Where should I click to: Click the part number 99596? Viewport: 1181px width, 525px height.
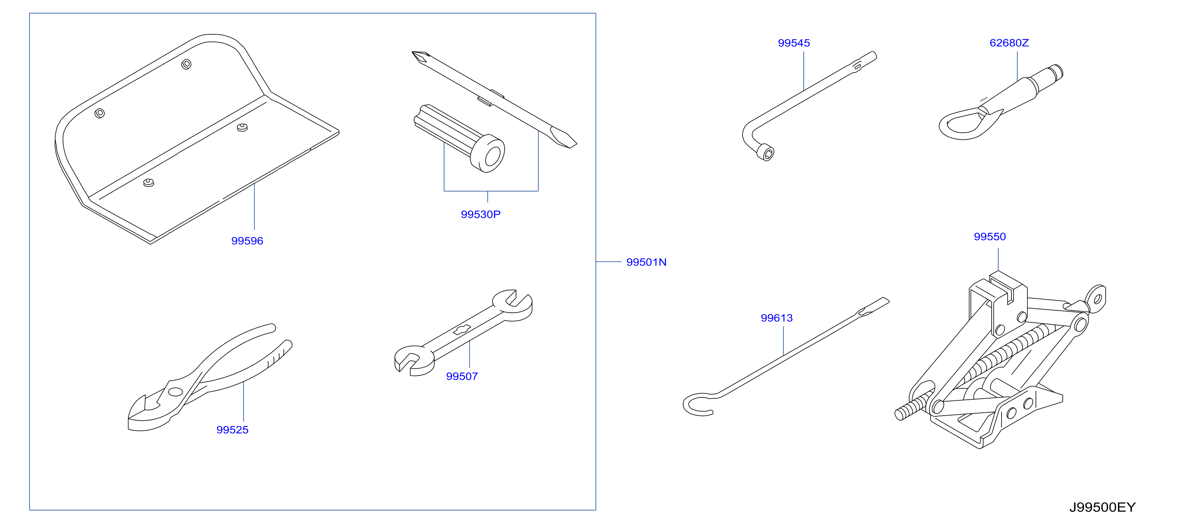click(x=247, y=241)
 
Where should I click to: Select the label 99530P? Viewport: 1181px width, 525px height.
click(x=481, y=214)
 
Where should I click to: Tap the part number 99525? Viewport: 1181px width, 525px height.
click(x=233, y=430)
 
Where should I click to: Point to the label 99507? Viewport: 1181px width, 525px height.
click(x=461, y=376)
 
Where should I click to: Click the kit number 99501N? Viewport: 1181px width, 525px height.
click(x=647, y=262)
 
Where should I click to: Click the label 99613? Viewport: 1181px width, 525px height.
click(x=776, y=318)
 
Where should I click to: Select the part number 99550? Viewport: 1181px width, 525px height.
click(x=990, y=237)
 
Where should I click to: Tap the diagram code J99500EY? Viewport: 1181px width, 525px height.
click(x=1102, y=508)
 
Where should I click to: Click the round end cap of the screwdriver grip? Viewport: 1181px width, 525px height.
click(x=488, y=154)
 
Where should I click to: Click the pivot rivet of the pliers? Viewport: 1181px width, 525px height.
click(x=175, y=392)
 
